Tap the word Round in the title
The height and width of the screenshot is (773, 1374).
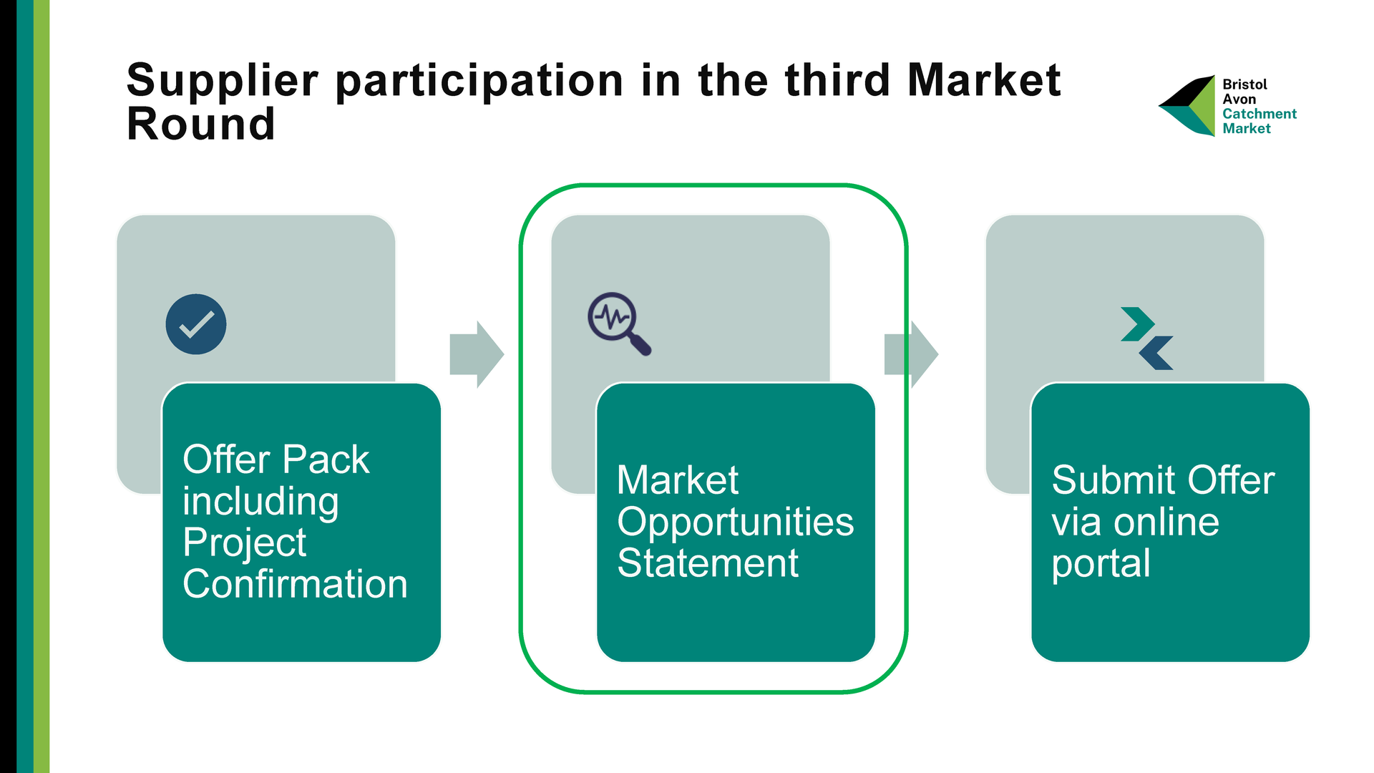(x=201, y=124)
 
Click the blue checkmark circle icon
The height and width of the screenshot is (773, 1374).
(x=196, y=324)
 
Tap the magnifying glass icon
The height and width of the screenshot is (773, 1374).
(x=619, y=324)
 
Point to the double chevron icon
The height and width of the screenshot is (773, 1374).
(x=1147, y=339)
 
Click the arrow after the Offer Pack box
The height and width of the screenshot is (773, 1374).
(x=477, y=354)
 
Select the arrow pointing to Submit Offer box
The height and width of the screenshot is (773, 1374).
(x=911, y=354)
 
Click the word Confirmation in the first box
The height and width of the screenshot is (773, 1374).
(x=295, y=584)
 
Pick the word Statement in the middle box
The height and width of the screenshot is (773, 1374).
(x=708, y=563)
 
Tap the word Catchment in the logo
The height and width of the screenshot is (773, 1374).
(x=1259, y=114)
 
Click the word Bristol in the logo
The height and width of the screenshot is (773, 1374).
(x=1244, y=84)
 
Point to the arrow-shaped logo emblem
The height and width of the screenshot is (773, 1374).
(x=1187, y=106)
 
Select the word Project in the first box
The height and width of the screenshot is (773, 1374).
(x=244, y=543)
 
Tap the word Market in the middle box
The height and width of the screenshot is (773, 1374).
(x=678, y=480)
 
